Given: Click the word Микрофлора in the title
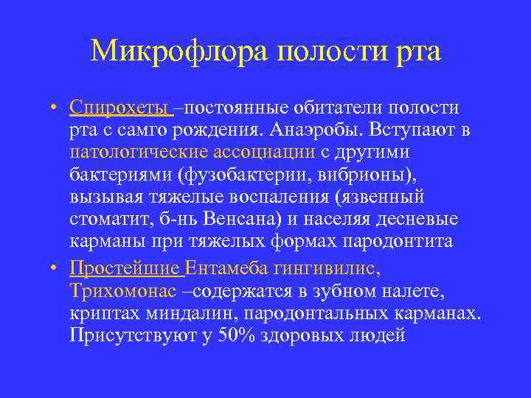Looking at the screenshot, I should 180,52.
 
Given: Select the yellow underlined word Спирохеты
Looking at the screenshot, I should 120,108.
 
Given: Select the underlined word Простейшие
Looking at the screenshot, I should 125,268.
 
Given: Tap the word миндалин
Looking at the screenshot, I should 192,312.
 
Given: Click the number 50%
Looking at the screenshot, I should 237,334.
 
